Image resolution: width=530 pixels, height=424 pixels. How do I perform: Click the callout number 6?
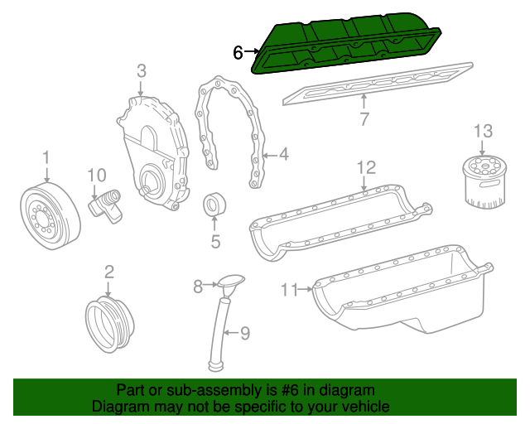click(x=238, y=52)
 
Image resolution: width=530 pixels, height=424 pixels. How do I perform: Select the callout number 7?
click(x=364, y=119)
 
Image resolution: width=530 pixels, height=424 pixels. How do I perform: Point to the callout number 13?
click(x=483, y=131)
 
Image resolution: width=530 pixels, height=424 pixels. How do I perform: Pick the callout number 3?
click(x=141, y=71)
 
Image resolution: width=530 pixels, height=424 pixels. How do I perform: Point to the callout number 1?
click(x=46, y=156)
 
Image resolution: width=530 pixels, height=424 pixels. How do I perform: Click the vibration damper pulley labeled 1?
click(x=50, y=215)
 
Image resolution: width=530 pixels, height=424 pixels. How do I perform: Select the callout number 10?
click(x=97, y=175)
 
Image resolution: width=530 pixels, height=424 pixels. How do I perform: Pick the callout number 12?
click(x=366, y=168)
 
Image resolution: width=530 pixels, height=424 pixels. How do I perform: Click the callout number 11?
click(x=288, y=289)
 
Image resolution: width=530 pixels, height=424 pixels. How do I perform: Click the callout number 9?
click(x=244, y=334)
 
